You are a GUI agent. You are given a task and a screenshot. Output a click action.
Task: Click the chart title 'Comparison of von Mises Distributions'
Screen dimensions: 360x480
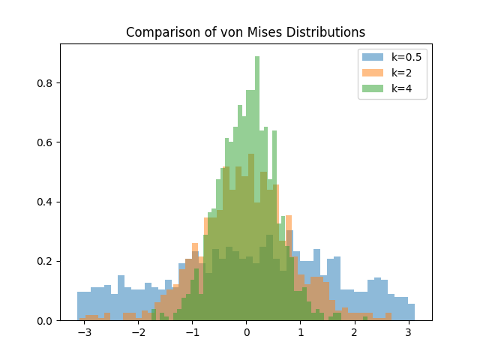click(x=245, y=32)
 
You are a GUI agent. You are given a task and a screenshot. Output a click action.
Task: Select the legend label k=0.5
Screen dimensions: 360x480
click(x=405, y=57)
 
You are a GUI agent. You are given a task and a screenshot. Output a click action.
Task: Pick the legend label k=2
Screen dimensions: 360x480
click(x=401, y=73)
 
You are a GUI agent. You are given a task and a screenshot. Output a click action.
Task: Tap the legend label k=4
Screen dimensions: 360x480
click(x=401, y=88)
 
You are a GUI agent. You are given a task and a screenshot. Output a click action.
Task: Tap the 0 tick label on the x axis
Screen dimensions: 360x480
click(x=246, y=331)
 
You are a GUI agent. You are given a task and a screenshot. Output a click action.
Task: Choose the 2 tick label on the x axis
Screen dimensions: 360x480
click(x=354, y=331)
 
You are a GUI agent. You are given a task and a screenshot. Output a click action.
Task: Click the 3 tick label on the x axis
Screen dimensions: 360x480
click(x=408, y=331)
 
